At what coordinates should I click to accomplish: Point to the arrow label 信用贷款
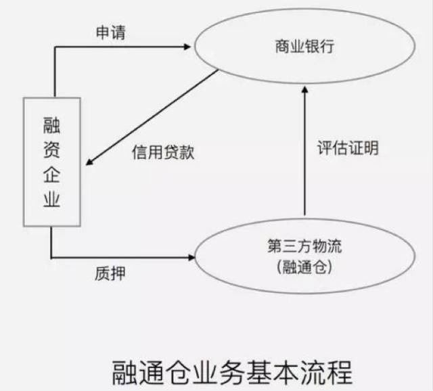pos(163,152)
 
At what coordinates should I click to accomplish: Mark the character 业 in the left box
pos(52,201)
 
